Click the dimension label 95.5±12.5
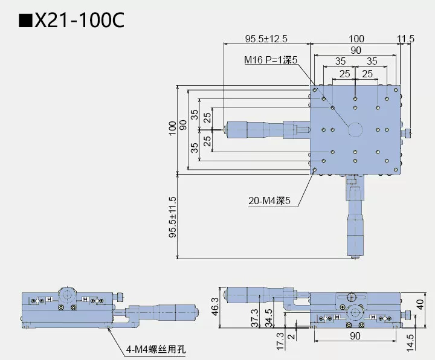coord(266,39)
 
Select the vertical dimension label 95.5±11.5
coord(173,218)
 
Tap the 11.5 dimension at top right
coord(406,39)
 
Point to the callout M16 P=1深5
coord(271,60)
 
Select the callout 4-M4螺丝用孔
coord(158,349)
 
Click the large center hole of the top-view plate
coord(355,129)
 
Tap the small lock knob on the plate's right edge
coord(408,132)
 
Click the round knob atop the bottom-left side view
coord(67,295)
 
